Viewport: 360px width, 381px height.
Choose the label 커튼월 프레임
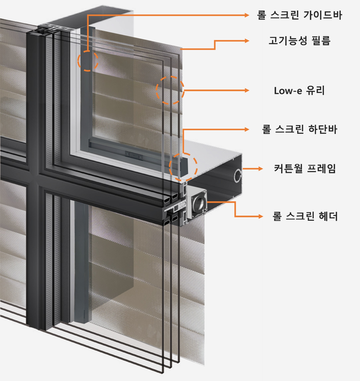pyautogui.click(x=305, y=168)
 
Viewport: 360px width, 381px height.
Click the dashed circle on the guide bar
pyautogui.click(x=87, y=60)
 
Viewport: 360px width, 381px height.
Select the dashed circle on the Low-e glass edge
pyautogui.click(x=170, y=90)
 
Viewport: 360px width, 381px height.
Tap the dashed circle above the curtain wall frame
pyautogui.click(x=184, y=166)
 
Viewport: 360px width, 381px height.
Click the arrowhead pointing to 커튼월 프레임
pyautogui.click(x=260, y=168)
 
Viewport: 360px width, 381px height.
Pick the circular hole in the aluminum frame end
pyautogui.click(x=238, y=176)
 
